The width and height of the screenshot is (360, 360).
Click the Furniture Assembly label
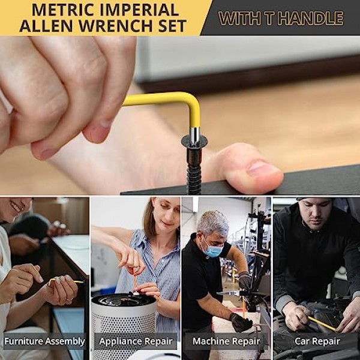(44, 341)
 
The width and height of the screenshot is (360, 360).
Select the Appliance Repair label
(136, 341)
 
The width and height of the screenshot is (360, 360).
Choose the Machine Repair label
(226, 341)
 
